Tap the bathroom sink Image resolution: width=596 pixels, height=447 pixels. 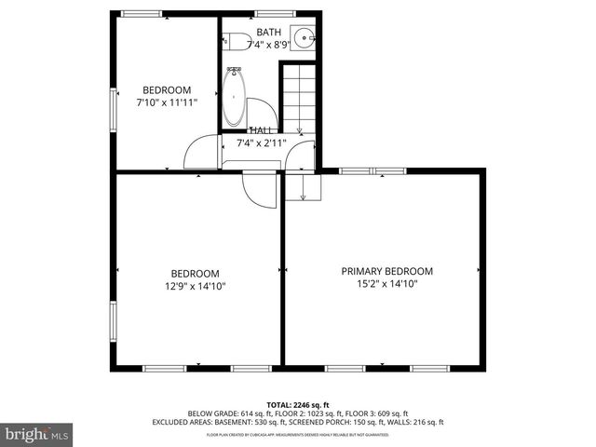pyautogui.click(x=305, y=40)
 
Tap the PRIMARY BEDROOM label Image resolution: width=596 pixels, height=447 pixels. pyautogui.click(x=386, y=271)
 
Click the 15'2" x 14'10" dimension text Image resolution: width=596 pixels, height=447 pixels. pyautogui.click(x=386, y=284)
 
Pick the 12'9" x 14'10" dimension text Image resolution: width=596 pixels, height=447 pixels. pyautogui.click(x=195, y=286)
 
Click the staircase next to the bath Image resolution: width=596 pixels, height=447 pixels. pyautogui.click(x=299, y=97)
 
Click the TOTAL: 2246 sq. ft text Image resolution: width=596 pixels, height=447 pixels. pyautogui.click(x=297, y=405)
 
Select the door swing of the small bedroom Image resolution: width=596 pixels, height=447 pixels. pyautogui.click(x=201, y=155)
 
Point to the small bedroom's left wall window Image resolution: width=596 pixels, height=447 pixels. pyautogui.click(x=113, y=110)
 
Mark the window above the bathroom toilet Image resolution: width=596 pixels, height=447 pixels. pyautogui.click(x=269, y=13)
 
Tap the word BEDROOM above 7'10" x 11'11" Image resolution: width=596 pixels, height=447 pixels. pyautogui.click(x=166, y=90)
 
